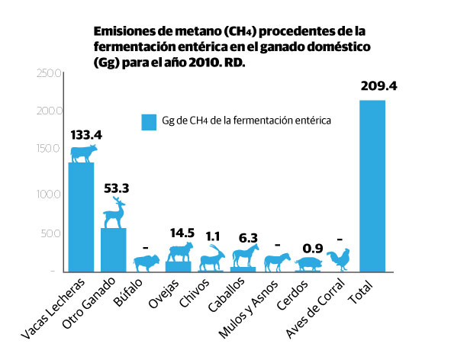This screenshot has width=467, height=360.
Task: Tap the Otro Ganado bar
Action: pyautogui.click(x=114, y=249)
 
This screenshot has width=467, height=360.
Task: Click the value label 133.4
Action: pyautogui.click(x=86, y=134)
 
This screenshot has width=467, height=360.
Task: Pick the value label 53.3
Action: pyautogui.click(x=114, y=187)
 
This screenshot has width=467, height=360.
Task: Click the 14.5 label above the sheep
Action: pyautogui.click(x=181, y=232)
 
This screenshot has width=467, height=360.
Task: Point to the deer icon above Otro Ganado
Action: pyautogui.click(x=114, y=213)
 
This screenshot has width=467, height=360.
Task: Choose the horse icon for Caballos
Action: pyautogui.click(x=244, y=256)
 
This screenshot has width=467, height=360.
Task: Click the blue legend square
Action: pyautogui.click(x=148, y=122)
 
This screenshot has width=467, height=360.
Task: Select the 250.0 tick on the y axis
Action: pyautogui.click(x=47, y=73)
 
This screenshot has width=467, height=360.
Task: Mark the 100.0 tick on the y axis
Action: pyautogui.click(x=47, y=194)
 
